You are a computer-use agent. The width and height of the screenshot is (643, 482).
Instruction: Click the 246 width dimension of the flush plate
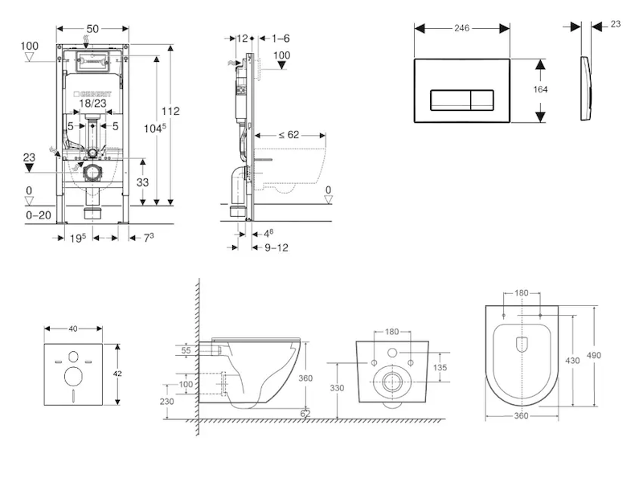pos(461,26)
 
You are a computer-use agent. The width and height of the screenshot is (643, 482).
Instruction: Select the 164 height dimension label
pos(540,89)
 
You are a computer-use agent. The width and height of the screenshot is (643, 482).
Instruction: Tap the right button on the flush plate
pos(481,100)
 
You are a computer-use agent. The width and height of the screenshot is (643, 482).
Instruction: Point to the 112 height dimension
pos(170,112)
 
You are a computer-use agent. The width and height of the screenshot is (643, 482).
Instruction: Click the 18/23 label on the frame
pos(93,103)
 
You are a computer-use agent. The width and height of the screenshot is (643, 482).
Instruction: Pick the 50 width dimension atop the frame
pos(93,29)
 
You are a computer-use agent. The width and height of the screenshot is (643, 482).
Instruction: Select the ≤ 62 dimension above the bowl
pos(289,134)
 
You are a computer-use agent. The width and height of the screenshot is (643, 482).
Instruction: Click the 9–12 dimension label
pos(276,247)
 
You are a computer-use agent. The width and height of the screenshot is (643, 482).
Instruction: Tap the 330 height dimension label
pos(337,388)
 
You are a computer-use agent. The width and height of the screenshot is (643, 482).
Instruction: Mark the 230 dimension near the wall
pos(168,402)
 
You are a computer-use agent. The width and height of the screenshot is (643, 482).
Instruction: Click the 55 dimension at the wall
pos(186,351)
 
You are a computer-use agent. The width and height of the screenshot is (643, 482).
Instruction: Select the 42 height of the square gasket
pos(118,374)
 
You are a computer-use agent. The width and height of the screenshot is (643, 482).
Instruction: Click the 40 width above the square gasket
pos(74,328)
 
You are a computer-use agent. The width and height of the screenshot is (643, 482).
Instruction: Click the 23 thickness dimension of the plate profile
pos(616,25)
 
